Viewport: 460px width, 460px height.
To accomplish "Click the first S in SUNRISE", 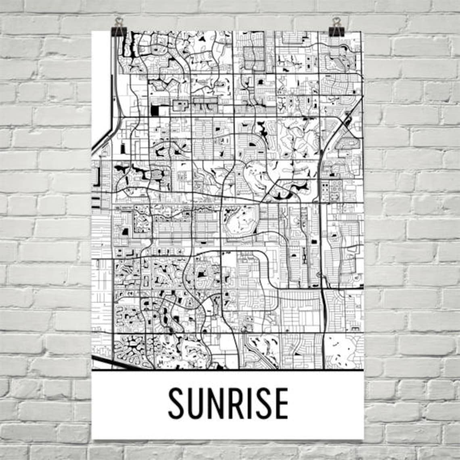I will [176, 403].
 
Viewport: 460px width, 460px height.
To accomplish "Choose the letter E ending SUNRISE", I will [281, 403].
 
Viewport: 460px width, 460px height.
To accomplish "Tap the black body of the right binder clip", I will [336, 31].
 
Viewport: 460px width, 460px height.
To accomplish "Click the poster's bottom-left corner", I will [92, 439].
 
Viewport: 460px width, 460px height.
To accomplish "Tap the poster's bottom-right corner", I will [363, 439].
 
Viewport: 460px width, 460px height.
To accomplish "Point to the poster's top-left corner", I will [92, 31].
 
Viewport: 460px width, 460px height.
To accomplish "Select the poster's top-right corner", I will [363, 31].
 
